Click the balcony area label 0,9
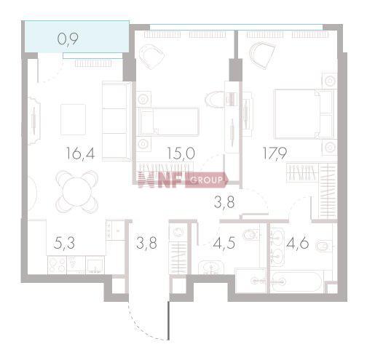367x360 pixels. pos(68,39)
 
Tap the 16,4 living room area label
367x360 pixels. pos(80,153)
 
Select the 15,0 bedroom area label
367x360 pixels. pos(181,153)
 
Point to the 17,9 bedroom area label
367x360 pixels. pos(275,153)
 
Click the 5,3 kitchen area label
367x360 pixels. pos(64,243)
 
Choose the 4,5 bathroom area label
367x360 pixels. pos(224,243)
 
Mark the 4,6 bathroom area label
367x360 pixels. pos(298,243)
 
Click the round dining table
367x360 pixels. pos(76,191)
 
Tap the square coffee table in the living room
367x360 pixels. pos(73,119)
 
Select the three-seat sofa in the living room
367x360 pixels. pos(117,121)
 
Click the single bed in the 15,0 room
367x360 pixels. pos(168,121)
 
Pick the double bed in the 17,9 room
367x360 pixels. pos(304,114)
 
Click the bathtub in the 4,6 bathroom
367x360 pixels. pos(296,281)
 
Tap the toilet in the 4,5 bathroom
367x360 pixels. pos(250,234)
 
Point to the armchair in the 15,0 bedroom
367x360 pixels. pos(151,57)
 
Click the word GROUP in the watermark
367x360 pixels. pos(206,180)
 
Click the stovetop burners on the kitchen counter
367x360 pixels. pos(57,265)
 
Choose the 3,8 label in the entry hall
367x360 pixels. pos(146,243)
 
